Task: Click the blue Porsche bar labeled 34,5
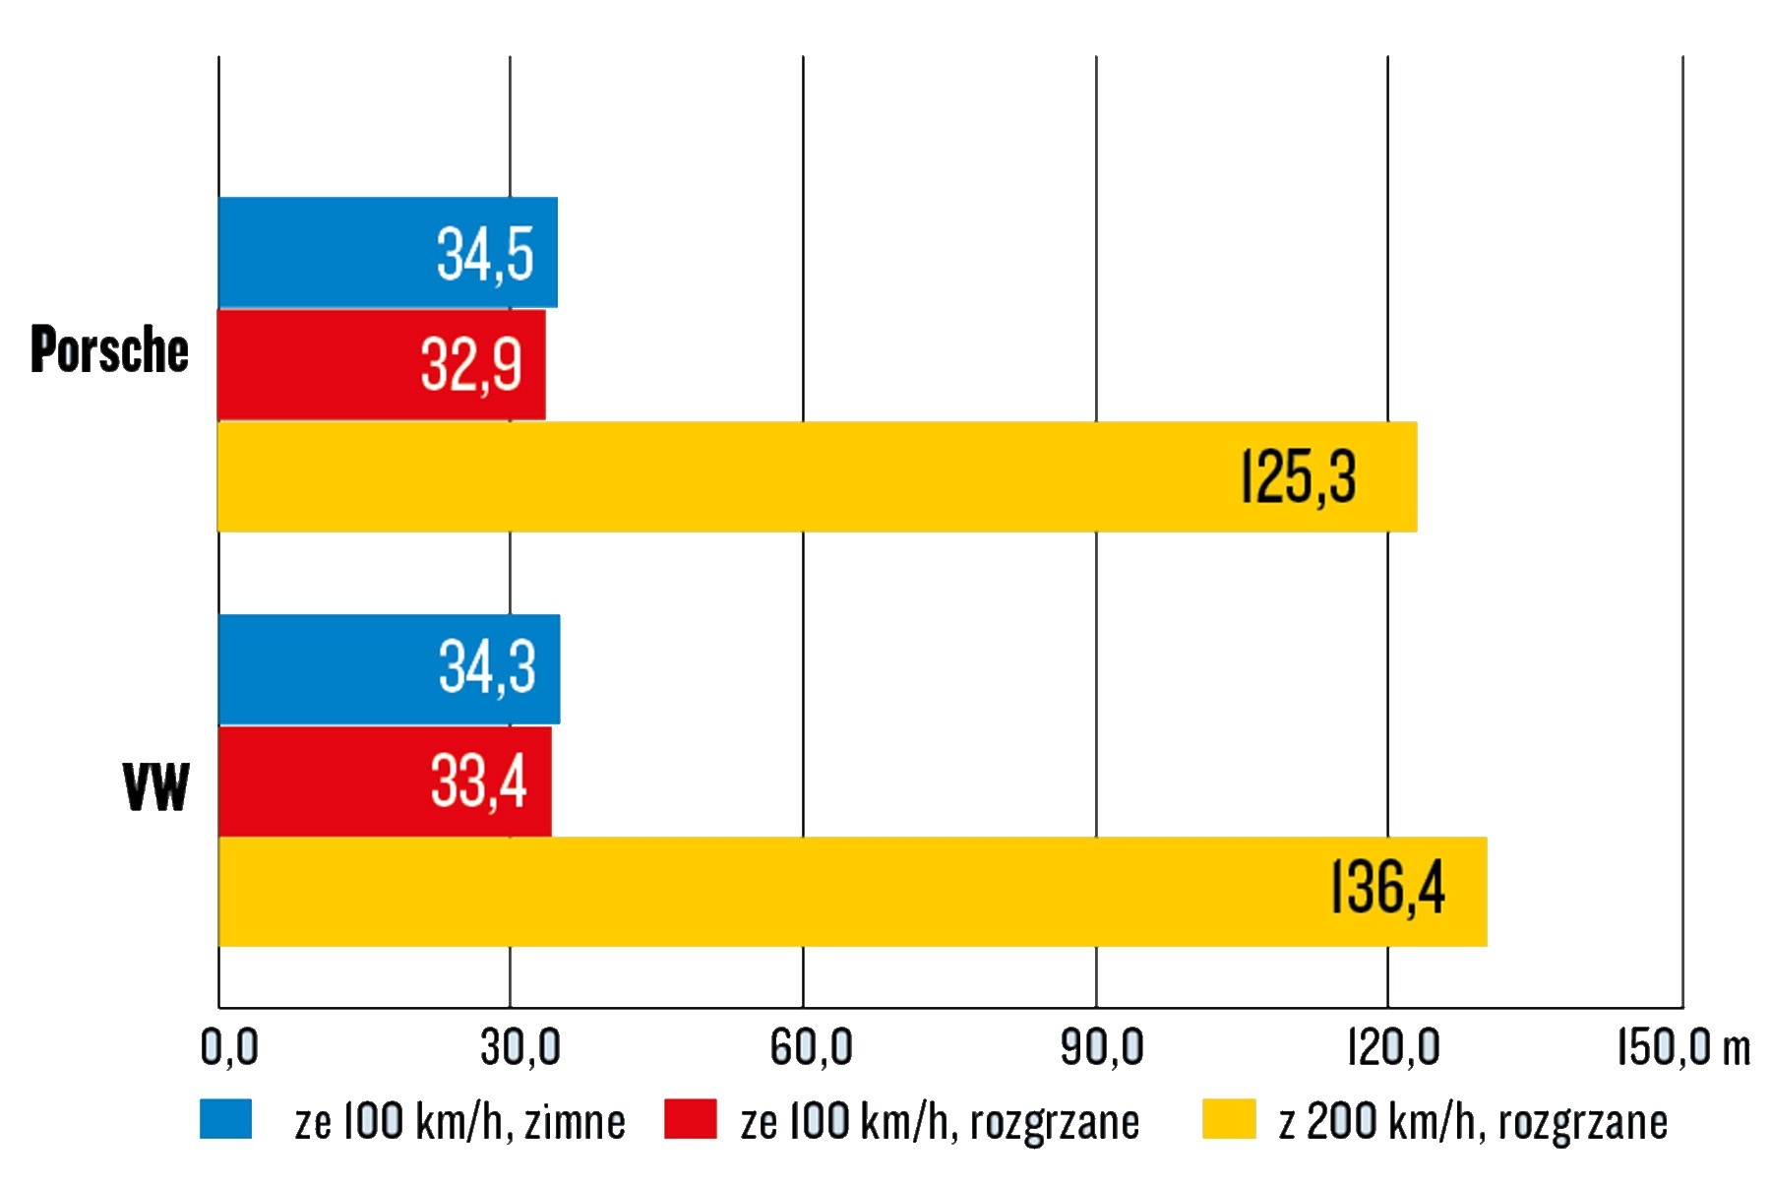(x=388, y=253)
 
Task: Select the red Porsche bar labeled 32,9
(x=382, y=365)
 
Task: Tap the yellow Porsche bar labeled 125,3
(x=817, y=477)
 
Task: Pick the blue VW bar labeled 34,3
(x=389, y=669)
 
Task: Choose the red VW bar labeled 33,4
(x=385, y=782)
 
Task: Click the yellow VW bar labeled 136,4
(x=852, y=892)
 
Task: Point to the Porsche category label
(x=109, y=349)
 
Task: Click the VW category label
(x=155, y=787)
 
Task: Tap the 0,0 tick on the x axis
(x=229, y=1047)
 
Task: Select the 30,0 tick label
(x=520, y=1047)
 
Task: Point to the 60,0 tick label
(x=811, y=1047)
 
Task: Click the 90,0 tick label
(x=1102, y=1047)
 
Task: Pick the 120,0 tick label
(x=1393, y=1047)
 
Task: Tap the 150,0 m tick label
(x=1683, y=1047)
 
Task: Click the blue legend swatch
(x=225, y=1120)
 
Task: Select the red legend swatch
(x=690, y=1120)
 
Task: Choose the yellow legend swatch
(x=1229, y=1120)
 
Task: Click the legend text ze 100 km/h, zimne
(x=459, y=1122)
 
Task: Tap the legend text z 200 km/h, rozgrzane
(x=1473, y=1122)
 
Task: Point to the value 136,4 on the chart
(x=1387, y=889)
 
